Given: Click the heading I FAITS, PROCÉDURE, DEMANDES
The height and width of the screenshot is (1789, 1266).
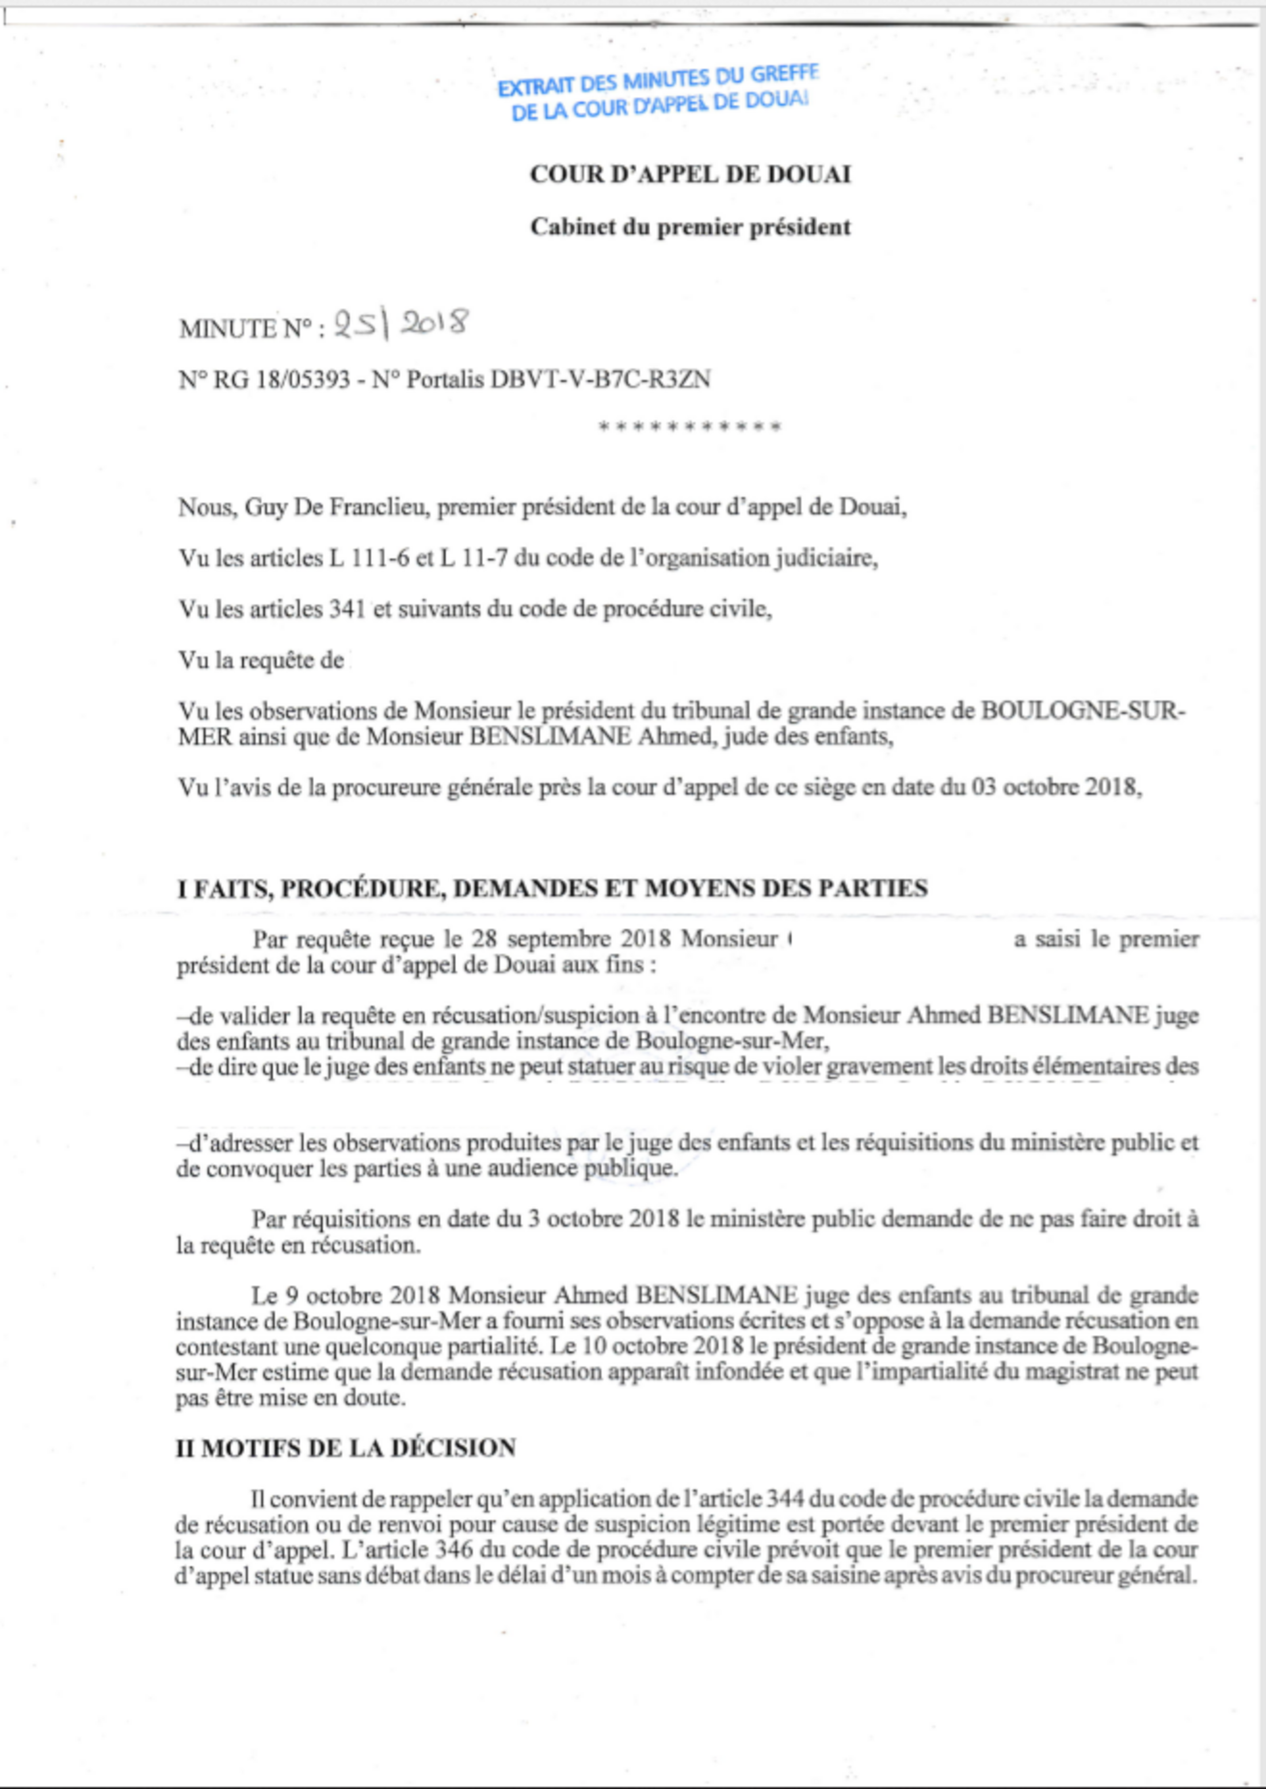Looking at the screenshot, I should click(552, 888).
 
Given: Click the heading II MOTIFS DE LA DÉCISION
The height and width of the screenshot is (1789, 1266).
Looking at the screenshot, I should click(345, 1449).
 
